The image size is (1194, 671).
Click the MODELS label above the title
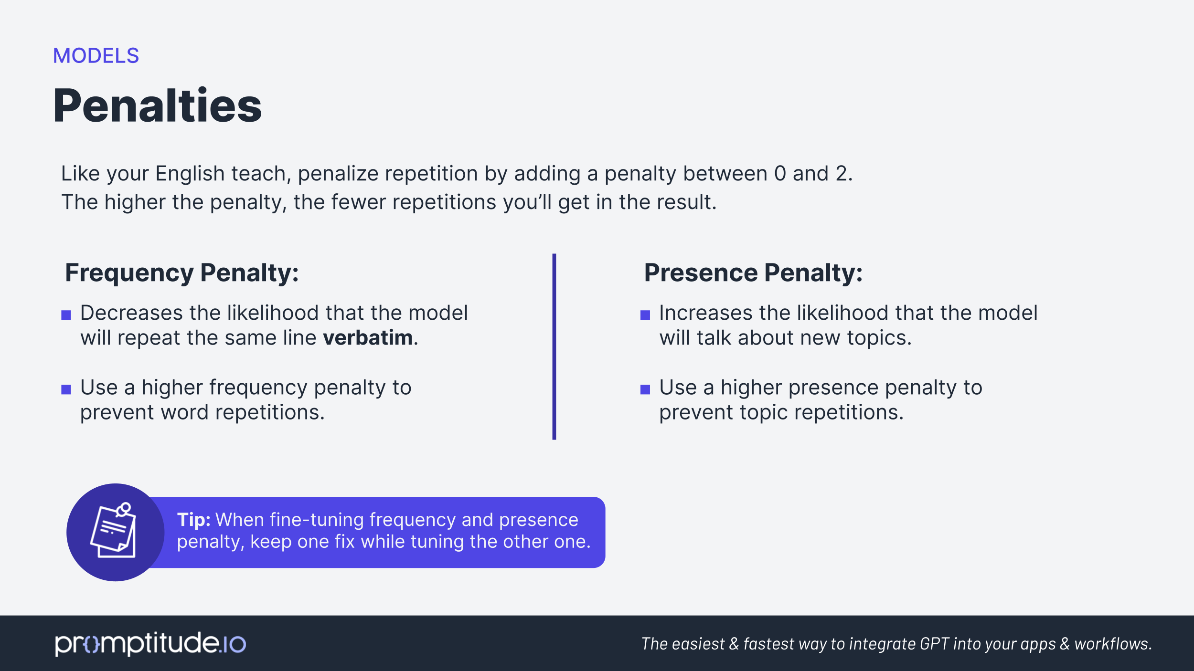pos(96,56)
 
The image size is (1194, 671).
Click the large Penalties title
pos(157,106)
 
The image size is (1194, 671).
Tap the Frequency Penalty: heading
pos(182,273)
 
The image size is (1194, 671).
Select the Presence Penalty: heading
pos(753,273)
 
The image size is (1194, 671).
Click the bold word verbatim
pos(368,338)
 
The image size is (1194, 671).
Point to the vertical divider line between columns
pos(554,346)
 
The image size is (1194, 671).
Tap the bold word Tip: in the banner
pos(193,520)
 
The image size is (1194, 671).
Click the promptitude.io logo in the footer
pos(150,644)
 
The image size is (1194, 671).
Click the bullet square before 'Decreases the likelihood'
pos(66,315)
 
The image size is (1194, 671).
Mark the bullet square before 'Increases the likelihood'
pos(645,315)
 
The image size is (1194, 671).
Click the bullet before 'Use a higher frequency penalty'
pos(66,389)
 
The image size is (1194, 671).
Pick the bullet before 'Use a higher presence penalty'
pos(645,389)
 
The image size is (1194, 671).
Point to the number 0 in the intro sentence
pos(780,174)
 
